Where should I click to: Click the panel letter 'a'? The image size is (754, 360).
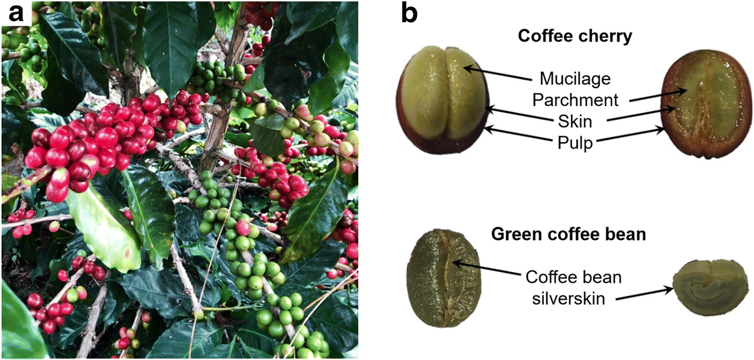click(x=16, y=14)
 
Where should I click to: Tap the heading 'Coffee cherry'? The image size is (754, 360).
click(x=575, y=36)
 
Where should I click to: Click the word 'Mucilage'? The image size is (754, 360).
click(x=575, y=77)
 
